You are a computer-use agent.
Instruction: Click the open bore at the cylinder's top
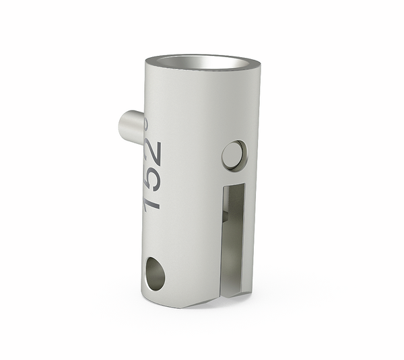pos(203,62)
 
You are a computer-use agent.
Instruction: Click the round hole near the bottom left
pos(154,273)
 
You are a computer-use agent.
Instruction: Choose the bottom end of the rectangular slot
pos(232,293)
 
